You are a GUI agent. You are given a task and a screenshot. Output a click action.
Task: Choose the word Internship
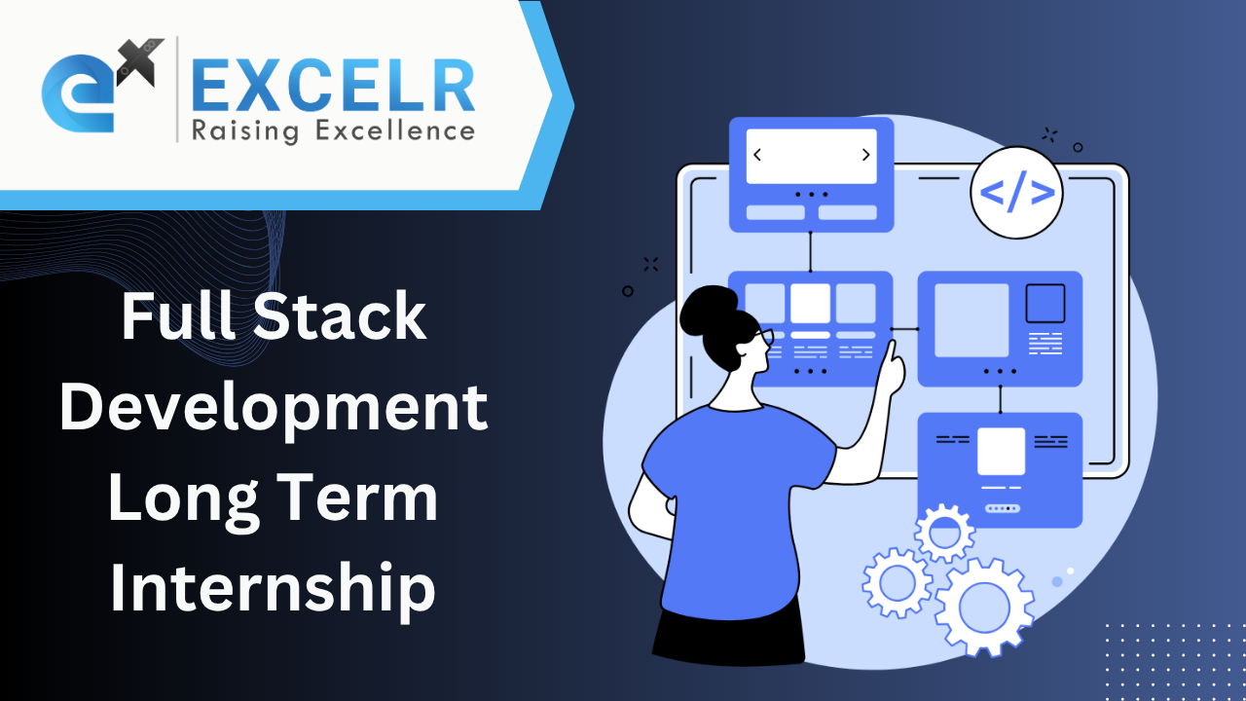tap(272, 588)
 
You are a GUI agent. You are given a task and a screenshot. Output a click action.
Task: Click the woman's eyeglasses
tap(763, 338)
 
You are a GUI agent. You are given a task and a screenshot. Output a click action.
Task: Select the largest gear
tap(983, 607)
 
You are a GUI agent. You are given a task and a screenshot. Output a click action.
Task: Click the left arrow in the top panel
tap(757, 155)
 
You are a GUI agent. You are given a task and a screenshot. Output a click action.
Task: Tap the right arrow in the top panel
tap(865, 155)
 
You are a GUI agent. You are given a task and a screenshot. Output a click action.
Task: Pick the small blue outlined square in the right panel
tap(1045, 303)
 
